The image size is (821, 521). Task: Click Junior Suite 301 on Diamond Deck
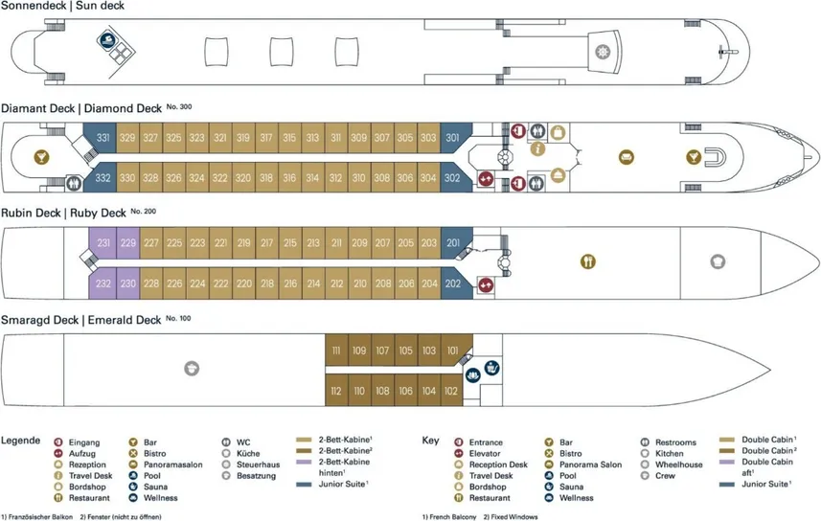pos(452,138)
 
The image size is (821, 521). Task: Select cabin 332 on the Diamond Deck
pos(103,178)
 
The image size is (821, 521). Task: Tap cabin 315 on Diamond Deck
pos(288,138)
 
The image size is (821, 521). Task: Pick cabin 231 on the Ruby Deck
pos(103,243)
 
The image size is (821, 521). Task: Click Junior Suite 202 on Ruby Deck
pos(453,283)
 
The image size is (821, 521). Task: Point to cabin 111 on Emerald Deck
pos(336,351)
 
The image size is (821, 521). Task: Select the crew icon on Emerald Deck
pos(191,368)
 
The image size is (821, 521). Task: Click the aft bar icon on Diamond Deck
pos(42,156)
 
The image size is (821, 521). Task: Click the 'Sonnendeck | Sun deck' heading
pos(62,7)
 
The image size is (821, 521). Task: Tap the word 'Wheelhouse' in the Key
pos(677,464)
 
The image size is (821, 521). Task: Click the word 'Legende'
pos(20,441)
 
